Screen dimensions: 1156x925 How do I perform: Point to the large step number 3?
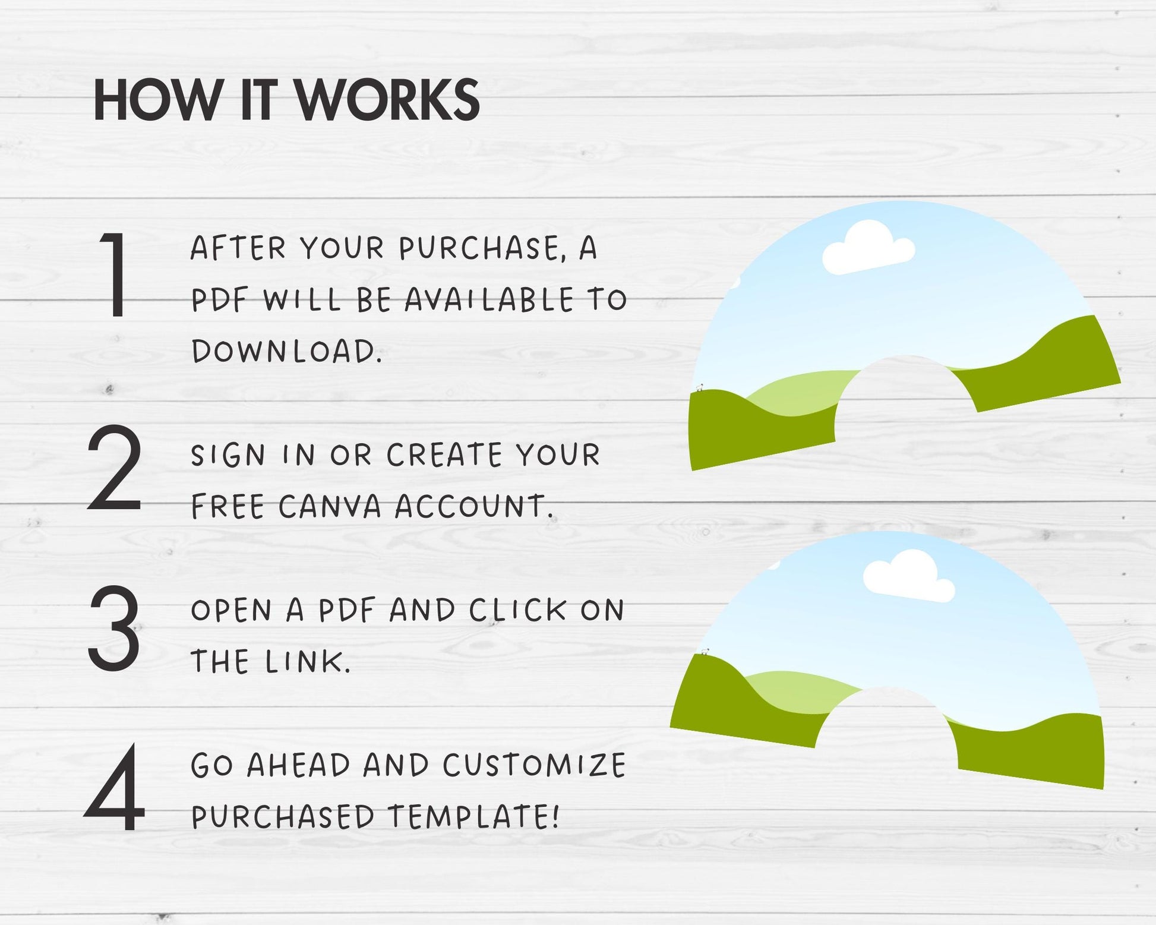[x=114, y=628]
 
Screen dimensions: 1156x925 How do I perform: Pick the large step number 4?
[x=114, y=787]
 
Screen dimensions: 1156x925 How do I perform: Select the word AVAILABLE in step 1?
[x=489, y=300]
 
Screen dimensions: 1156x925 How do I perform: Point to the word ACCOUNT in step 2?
[x=473, y=507]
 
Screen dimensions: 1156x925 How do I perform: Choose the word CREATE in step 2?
[x=444, y=455]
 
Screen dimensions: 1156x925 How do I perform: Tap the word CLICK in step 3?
[x=517, y=610]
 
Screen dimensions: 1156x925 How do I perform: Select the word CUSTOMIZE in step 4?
[x=534, y=765]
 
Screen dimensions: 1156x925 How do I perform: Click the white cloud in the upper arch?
[x=868, y=248]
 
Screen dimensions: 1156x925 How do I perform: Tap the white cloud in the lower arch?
[x=908, y=576]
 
